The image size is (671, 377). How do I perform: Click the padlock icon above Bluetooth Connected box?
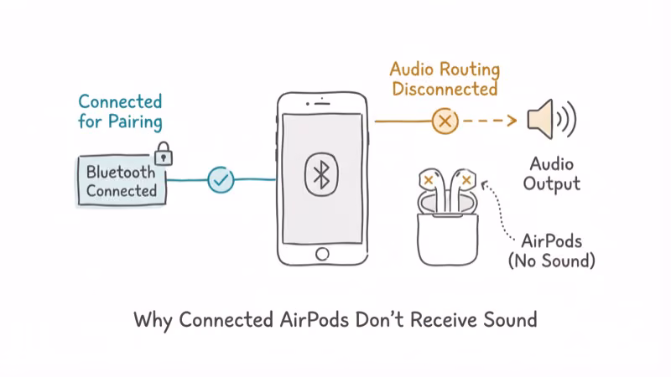164,152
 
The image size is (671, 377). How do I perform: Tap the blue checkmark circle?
221,179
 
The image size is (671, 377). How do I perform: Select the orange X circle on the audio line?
445,121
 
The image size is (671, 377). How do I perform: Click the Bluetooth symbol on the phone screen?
320,173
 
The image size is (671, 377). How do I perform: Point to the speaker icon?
545,121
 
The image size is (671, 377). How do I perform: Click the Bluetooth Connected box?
121,181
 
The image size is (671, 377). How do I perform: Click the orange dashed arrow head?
512,121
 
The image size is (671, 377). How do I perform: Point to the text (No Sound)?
551,261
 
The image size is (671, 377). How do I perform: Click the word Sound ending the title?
507,321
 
